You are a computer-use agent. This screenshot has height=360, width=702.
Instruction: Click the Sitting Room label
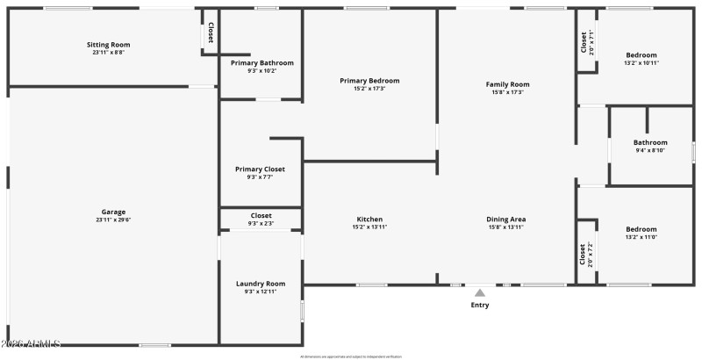[x=109, y=44]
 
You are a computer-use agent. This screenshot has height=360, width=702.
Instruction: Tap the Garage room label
[x=113, y=212]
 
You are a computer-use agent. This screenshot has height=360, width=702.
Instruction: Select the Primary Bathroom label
[x=262, y=63]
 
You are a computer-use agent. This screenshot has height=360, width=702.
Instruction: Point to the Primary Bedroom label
[x=369, y=81]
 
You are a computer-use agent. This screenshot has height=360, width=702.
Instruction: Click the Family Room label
[x=508, y=84]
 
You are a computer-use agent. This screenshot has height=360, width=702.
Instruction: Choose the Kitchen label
[x=369, y=220]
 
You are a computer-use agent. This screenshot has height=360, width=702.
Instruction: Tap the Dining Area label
[x=506, y=220]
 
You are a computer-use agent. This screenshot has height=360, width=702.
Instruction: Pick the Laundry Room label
[x=261, y=284]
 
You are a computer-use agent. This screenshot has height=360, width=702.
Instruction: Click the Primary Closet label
[x=261, y=169]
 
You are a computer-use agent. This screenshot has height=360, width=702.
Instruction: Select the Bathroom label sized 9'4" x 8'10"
[x=650, y=142]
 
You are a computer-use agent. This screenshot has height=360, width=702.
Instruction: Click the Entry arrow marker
[x=480, y=292]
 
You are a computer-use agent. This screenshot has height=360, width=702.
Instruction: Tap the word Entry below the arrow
[x=480, y=305]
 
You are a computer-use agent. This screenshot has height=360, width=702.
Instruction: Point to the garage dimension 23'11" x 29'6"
[x=113, y=220]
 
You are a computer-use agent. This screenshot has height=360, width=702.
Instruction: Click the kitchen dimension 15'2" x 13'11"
[x=369, y=227]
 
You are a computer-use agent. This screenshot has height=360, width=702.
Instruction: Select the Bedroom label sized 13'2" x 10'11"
[x=641, y=54]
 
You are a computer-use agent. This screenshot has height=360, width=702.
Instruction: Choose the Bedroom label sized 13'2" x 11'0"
[x=641, y=228]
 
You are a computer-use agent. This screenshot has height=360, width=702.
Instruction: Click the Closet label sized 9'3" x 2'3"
[x=261, y=216]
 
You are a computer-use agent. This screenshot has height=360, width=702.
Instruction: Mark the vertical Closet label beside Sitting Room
[x=211, y=32]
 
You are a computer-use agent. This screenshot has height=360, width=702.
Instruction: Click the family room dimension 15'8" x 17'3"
[x=508, y=92]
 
